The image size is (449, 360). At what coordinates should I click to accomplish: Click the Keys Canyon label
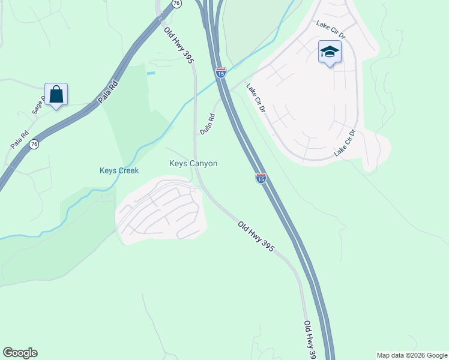click(193, 163)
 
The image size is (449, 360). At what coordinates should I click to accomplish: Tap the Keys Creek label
click(119, 170)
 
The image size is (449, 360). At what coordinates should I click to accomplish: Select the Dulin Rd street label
click(208, 124)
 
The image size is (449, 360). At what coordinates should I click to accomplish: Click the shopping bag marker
click(56, 94)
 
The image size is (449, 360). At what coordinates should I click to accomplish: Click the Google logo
click(20, 353)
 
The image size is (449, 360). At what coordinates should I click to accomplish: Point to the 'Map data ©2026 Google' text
click(412, 355)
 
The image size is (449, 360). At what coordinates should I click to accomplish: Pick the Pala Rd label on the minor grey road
click(19, 140)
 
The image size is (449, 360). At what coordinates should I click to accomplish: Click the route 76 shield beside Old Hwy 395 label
click(176, 4)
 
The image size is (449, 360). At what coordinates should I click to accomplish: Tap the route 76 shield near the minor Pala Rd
click(34, 144)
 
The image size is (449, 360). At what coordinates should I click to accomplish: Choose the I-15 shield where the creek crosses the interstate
click(221, 73)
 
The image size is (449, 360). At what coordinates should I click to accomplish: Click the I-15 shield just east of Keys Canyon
click(261, 178)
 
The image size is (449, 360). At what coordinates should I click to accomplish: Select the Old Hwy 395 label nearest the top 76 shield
click(179, 44)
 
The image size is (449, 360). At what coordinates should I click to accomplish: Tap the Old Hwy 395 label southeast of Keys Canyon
click(256, 236)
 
